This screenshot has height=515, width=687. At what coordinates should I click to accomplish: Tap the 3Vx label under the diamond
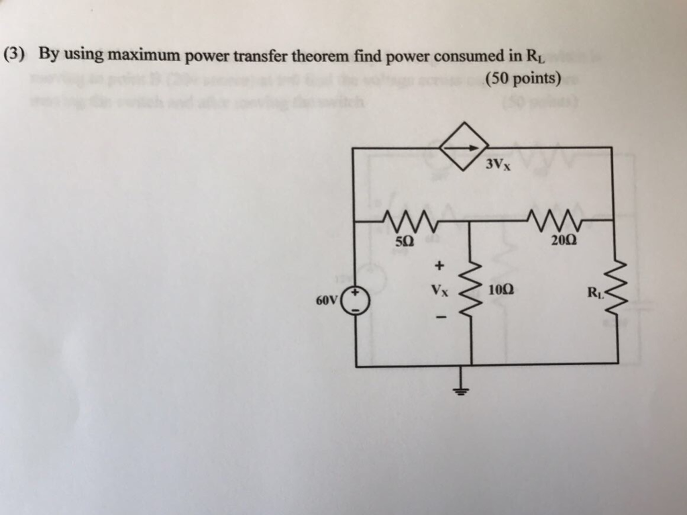point(498,165)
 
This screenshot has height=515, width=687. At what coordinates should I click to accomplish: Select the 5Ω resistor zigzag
point(410,219)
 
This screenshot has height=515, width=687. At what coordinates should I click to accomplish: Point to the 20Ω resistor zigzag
point(549,219)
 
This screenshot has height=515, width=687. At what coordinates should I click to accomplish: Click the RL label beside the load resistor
point(594,292)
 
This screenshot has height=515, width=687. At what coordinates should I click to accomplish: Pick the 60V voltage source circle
point(356,300)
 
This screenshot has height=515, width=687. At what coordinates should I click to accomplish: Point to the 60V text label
point(327,300)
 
